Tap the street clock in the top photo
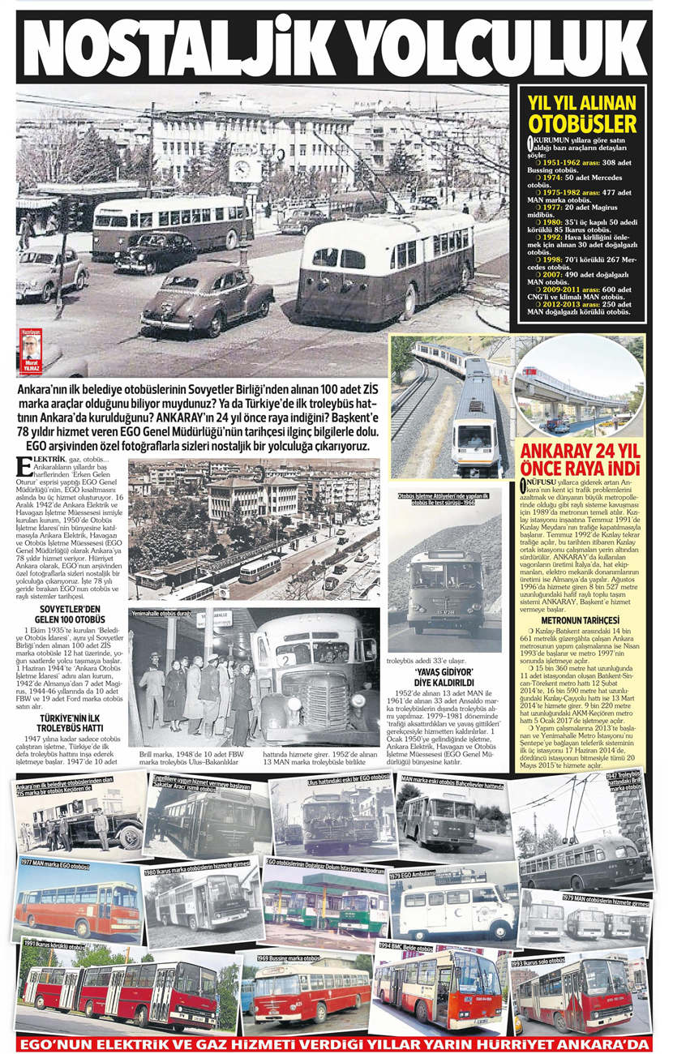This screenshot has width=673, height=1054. (240, 169)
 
